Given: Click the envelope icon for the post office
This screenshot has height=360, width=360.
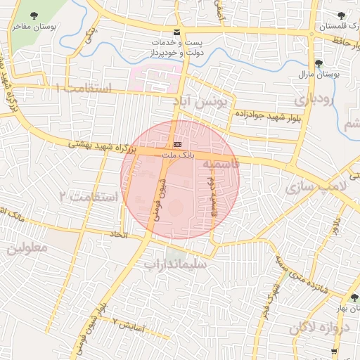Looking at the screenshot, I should point(175,32).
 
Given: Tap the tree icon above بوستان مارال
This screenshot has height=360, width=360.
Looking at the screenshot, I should point(319,63).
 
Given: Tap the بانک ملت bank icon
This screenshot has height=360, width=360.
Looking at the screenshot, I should point(176,144).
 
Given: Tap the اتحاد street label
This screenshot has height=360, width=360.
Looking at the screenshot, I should point(118,234).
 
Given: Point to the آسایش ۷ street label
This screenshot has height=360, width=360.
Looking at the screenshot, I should point(128,325).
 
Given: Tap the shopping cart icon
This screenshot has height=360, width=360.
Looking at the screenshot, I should point(335,352).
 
